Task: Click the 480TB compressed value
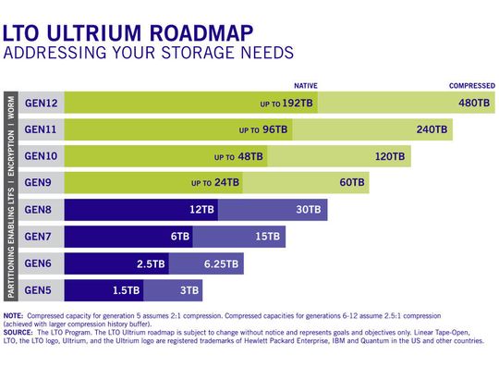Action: (472, 104)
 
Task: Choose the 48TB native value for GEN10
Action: (247, 157)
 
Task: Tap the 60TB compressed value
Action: (353, 183)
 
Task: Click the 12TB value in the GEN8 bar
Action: (202, 210)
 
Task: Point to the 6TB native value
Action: (180, 237)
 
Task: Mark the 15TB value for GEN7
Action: (267, 237)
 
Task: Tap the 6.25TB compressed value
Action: (222, 263)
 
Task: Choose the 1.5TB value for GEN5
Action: (127, 290)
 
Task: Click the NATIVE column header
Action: (305, 86)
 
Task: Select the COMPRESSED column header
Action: (471, 86)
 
